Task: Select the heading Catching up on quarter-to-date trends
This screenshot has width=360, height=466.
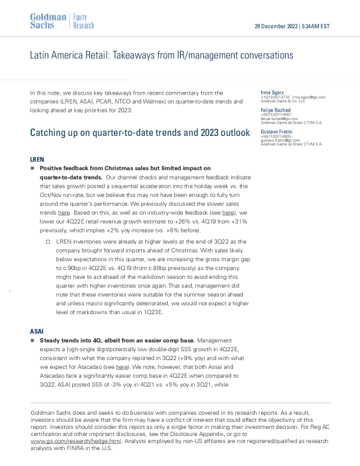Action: coord(141,132)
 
